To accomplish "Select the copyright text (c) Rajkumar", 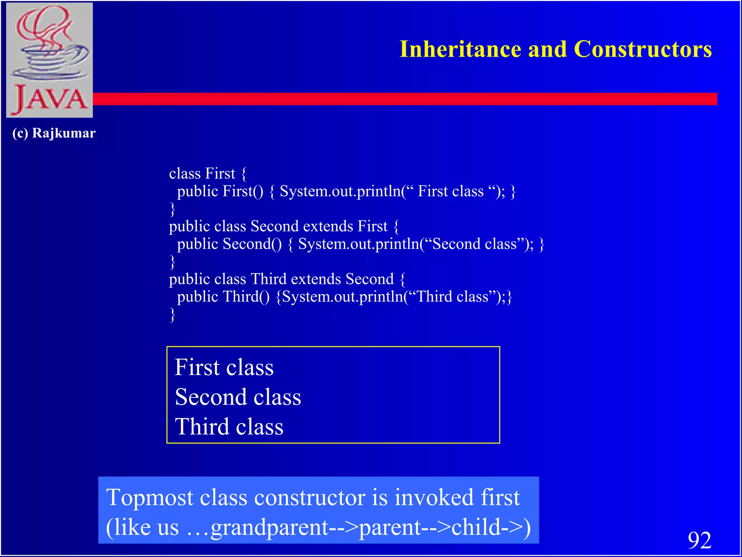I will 54,133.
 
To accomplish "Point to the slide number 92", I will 699,540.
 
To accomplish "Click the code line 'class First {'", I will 208,173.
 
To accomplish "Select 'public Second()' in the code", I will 229,244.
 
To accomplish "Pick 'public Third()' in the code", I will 223,297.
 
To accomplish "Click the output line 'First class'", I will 224,367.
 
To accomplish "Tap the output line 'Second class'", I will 238,397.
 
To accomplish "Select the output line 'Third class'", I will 229,426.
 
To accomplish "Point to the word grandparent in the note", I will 270,528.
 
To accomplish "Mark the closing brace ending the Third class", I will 173,314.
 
